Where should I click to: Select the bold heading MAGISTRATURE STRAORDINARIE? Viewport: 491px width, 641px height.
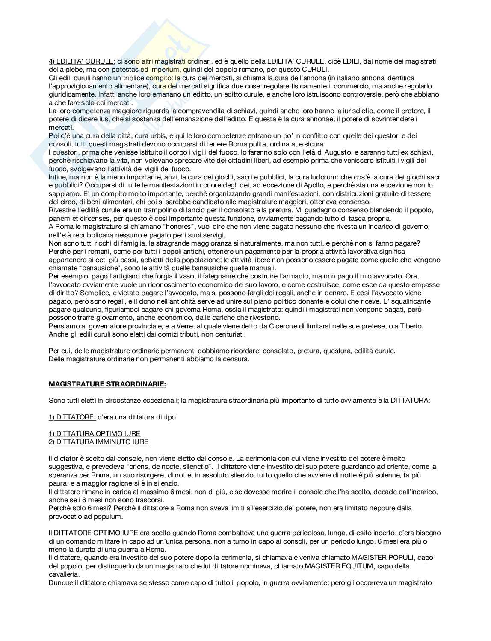tap(107, 384)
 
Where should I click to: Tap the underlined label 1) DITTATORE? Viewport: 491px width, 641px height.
tap(72, 417)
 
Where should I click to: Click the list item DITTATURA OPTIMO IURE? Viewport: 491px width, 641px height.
tap(95, 433)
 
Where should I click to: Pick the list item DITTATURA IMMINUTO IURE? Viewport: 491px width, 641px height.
tap(98, 442)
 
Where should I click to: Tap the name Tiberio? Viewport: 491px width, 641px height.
tap(410, 326)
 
